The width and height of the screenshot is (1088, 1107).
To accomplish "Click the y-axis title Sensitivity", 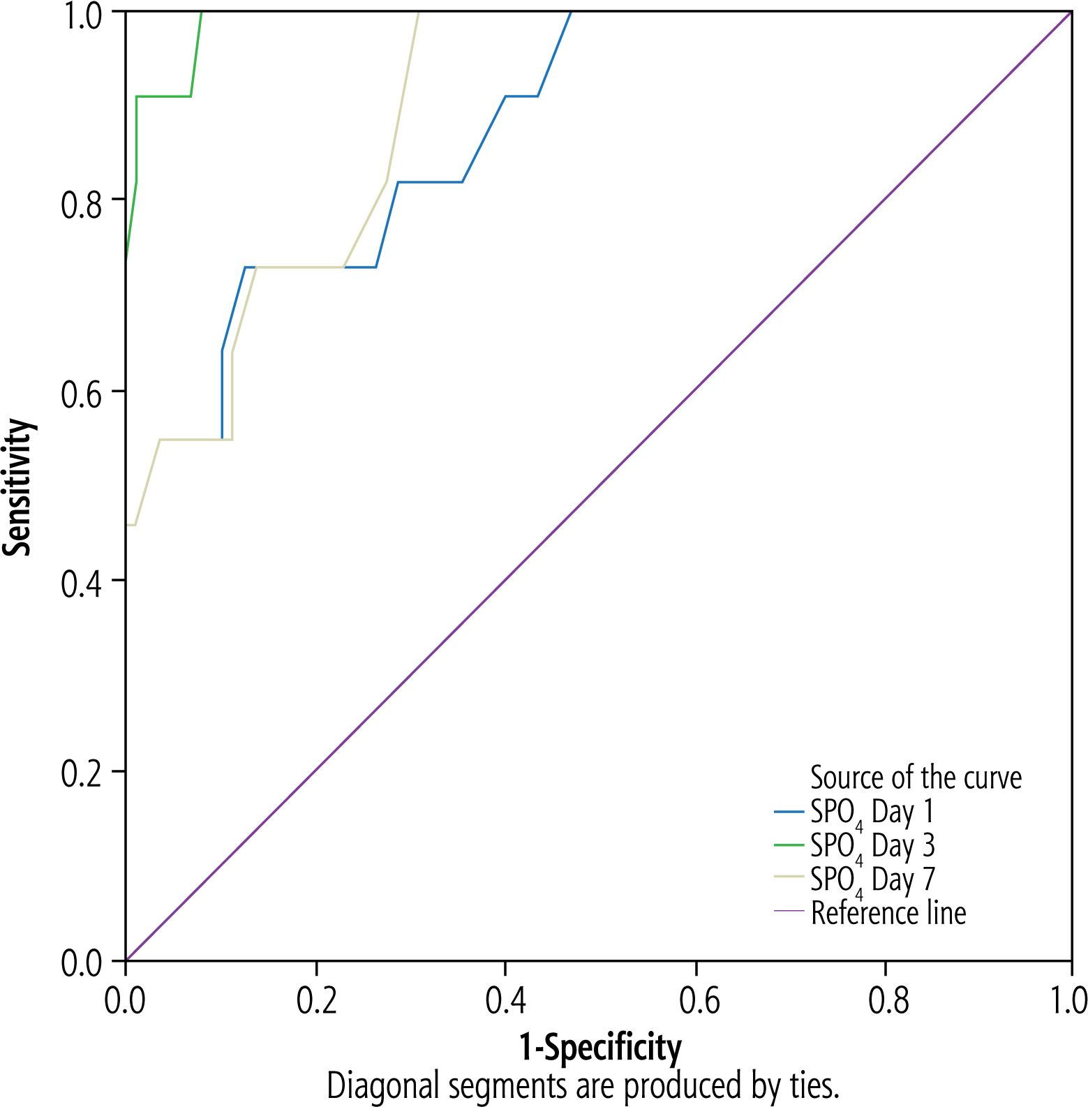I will point(18,486).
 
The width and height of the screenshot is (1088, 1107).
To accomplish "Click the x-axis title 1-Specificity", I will point(600,1048).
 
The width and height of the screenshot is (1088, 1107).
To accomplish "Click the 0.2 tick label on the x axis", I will point(317,1000).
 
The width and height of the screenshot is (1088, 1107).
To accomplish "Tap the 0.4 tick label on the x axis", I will point(506,1000).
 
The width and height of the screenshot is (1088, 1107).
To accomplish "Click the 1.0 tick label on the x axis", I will point(1067,1000).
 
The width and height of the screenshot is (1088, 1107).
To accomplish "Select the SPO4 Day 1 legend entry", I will point(872,812).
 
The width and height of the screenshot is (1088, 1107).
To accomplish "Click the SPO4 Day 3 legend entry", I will point(872,846).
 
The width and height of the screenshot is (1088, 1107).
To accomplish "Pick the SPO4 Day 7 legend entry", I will point(872,879).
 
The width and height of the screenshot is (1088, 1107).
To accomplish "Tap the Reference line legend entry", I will point(888,913).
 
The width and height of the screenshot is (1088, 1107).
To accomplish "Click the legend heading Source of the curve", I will point(916,778).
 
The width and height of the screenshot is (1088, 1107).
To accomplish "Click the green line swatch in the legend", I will point(789,845).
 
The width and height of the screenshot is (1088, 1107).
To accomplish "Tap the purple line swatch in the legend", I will point(789,912).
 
